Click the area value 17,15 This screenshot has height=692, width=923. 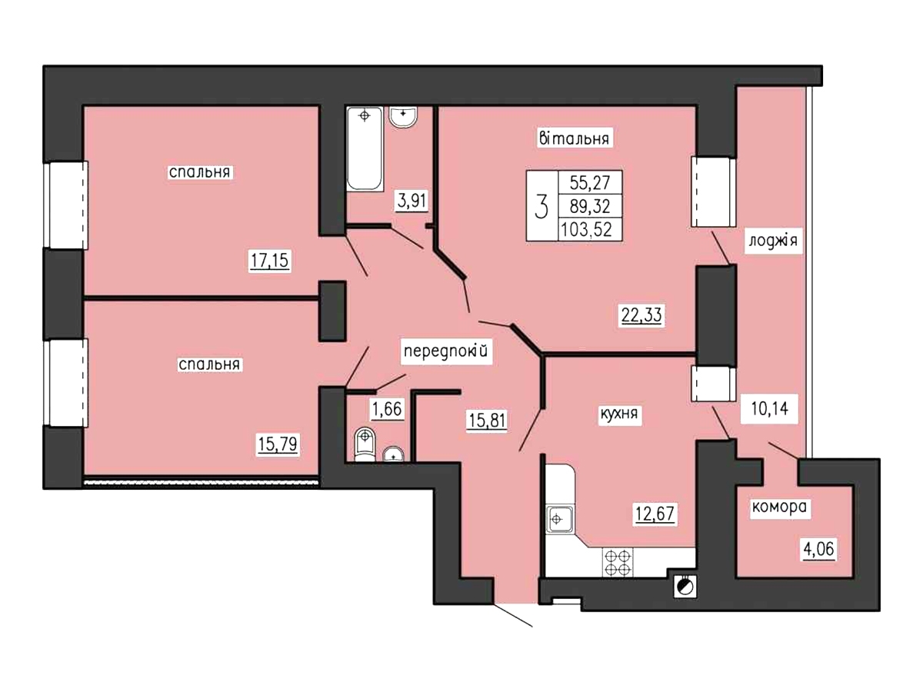269,260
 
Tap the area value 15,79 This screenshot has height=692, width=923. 278,444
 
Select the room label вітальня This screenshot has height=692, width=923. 574,138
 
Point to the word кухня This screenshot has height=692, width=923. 619,414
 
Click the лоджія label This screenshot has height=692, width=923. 773,241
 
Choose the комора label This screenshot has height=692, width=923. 779,507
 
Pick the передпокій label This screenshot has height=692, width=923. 446,350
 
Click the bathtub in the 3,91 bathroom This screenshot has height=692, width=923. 365,148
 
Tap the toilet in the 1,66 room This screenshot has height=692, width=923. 365,444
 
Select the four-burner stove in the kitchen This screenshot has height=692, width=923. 618,563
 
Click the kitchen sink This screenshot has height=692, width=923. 560,519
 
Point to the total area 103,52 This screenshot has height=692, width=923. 586,230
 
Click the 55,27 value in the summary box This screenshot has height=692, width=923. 589,182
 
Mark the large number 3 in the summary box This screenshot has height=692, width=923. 541,206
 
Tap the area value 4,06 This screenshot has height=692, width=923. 818,549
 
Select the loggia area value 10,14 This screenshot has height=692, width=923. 769,408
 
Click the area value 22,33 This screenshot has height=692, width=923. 641,314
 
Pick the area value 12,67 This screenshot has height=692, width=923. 655,514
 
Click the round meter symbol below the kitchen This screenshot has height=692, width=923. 685,586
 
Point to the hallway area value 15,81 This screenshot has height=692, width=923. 487,420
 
